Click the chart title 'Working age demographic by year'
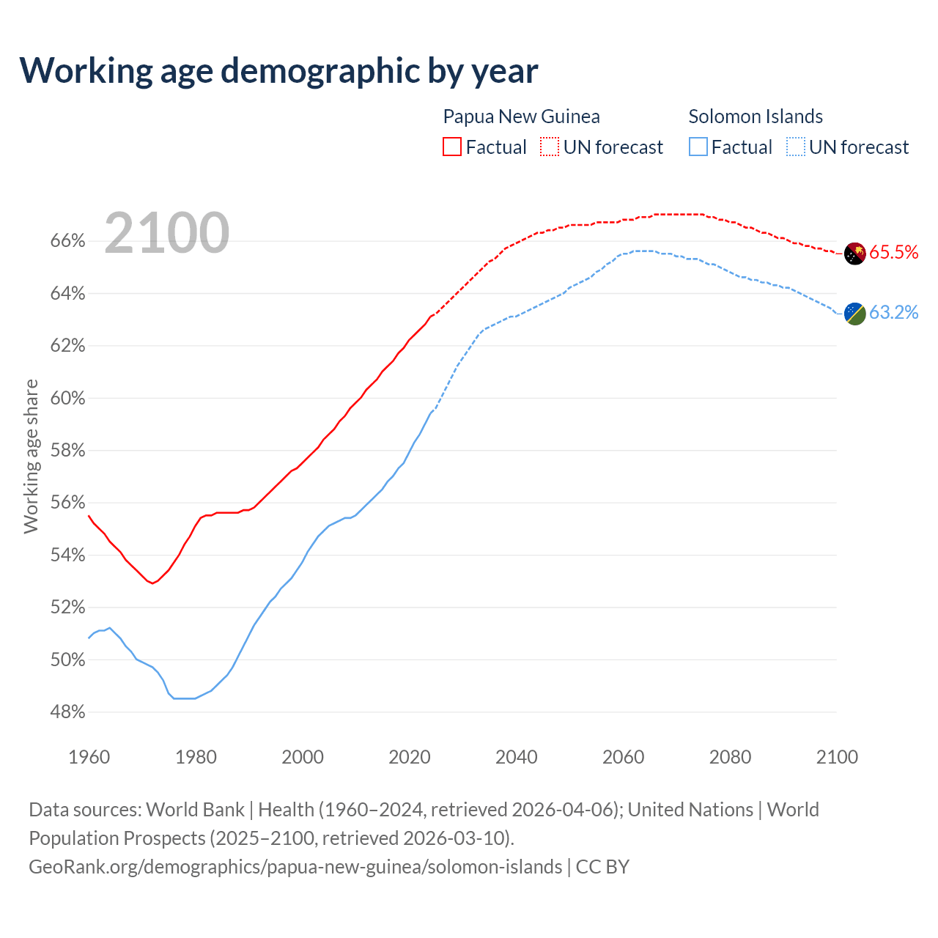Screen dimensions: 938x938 tap(278, 70)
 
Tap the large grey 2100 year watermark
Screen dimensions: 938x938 tap(167, 233)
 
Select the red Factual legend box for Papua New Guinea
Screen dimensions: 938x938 tap(452, 147)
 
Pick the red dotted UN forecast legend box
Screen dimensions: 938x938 tap(550, 147)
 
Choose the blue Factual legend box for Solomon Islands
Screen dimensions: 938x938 tap(698, 147)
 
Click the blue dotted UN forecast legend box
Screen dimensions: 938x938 tap(796, 147)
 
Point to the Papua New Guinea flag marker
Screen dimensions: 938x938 tap(855, 254)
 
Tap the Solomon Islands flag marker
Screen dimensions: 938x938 tap(855, 314)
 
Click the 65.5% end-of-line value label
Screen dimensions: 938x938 tap(894, 253)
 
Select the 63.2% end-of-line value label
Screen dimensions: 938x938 tap(894, 313)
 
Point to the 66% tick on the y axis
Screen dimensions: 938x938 tap(67, 241)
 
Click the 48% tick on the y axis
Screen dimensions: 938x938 tap(67, 712)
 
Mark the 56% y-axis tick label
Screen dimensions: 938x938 tap(67, 503)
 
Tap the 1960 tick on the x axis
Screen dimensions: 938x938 tap(89, 757)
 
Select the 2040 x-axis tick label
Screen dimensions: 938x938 tap(517, 757)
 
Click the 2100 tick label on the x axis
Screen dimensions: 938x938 tap(837, 757)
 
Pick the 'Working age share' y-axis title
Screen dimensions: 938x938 tap(31, 456)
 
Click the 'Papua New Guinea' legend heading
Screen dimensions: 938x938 tap(521, 117)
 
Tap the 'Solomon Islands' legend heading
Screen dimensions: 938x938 tap(756, 117)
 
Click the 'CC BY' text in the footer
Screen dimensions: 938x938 tap(602, 867)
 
